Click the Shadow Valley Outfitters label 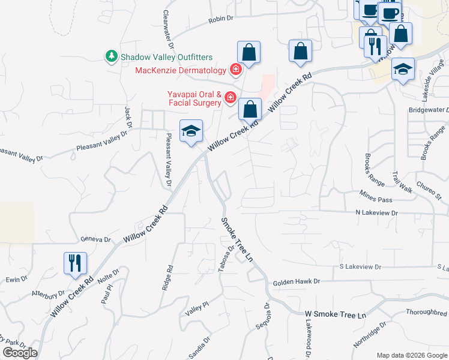pos(166,57)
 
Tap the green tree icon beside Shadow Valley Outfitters pos(111,57)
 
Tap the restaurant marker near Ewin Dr pos(75,263)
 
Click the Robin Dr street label pos(220,19)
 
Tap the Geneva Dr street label pos(96,239)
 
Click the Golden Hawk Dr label pos(297,281)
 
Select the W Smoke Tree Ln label pos(335,314)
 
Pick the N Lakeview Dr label pos(376,212)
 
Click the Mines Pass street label pos(376,199)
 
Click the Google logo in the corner pos(20,353)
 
